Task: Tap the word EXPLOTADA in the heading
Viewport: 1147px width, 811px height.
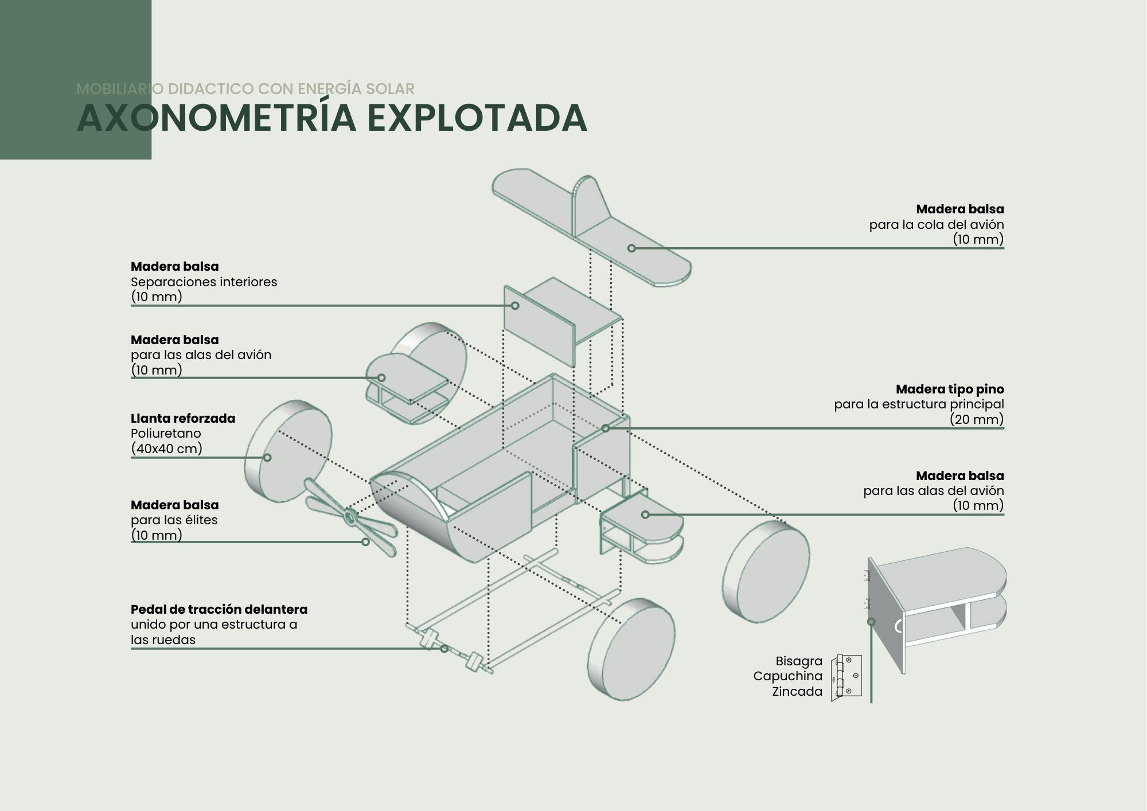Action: click(x=477, y=118)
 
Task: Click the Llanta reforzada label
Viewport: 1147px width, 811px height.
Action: click(x=183, y=418)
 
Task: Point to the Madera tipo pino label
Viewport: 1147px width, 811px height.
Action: click(x=949, y=389)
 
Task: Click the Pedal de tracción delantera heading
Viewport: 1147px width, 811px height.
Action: click(x=219, y=609)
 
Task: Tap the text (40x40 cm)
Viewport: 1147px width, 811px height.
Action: click(x=166, y=449)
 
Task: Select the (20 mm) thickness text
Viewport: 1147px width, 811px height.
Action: click(x=976, y=419)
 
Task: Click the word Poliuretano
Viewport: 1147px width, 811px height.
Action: click(x=166, y=434)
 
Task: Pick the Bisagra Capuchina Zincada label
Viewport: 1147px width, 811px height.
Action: click(x=789, y=676)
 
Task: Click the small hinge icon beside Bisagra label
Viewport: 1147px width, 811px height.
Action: click(x=846, y=677)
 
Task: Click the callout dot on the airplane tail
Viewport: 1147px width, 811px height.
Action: click(x=631, y=248)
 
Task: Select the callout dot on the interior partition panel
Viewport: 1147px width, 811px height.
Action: click(x=515, y=306)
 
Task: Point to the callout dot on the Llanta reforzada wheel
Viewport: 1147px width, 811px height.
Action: click(x=267, y=457)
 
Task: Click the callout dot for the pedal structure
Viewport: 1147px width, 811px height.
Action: click(x=444, y=649)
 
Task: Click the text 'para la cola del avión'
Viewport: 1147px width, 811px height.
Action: click(x=936, y=225)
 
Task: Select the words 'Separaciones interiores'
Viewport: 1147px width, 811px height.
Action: click(x=204, y=282)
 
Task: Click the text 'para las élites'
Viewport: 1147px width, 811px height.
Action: click(x=174, y=520)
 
